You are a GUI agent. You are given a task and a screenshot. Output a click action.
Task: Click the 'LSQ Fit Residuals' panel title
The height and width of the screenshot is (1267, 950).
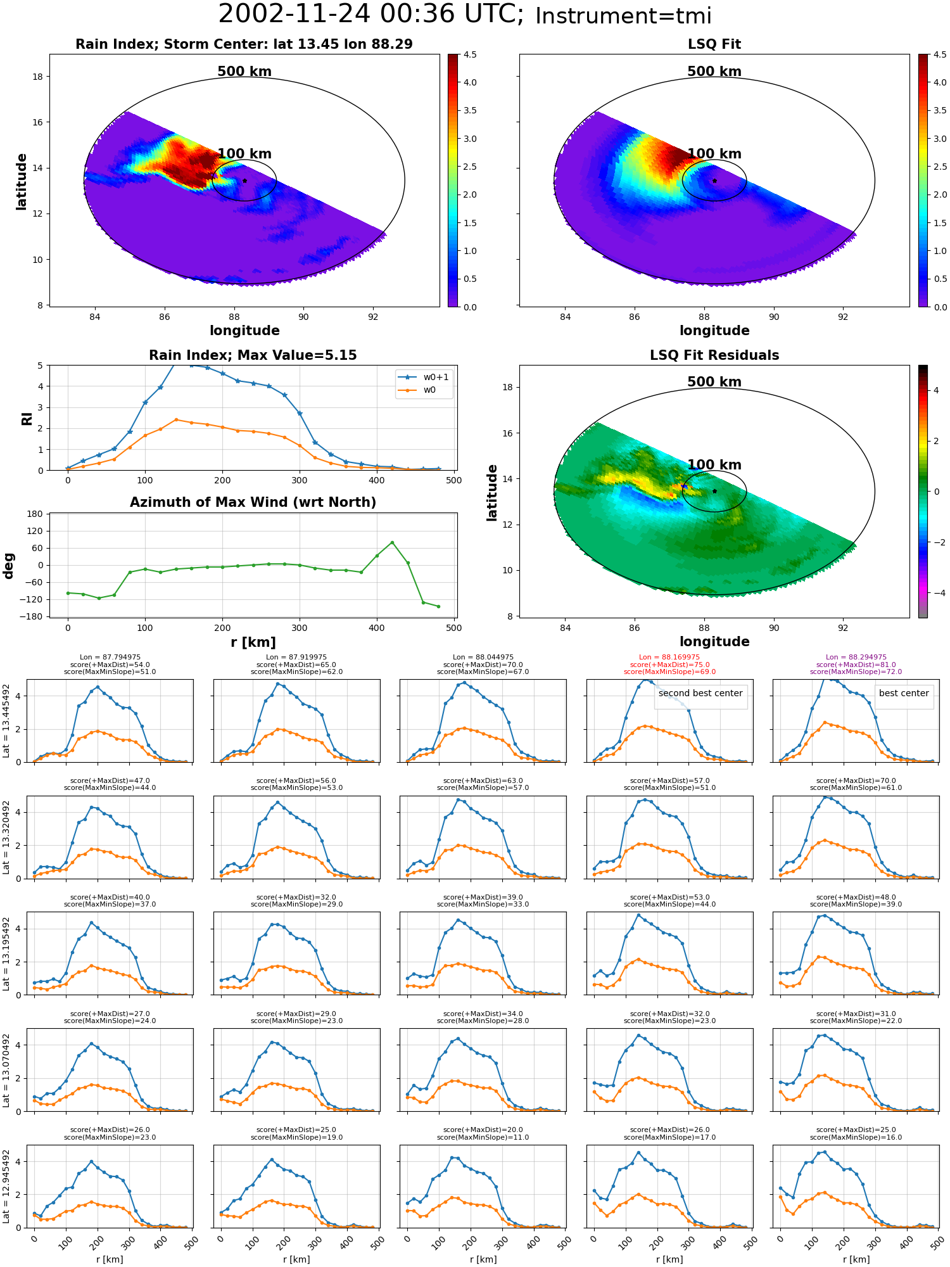(714, 355)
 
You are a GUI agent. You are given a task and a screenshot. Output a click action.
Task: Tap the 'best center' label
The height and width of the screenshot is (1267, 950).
(904, 693)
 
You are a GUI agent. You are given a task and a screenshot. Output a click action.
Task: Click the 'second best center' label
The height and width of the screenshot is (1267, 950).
(700, 693)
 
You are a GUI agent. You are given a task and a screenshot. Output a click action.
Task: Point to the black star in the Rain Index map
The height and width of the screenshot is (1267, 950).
(244, 181)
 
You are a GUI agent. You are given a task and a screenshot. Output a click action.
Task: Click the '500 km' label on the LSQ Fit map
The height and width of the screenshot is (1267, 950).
(714, 72)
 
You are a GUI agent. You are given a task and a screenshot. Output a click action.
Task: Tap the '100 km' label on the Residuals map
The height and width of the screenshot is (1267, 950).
(714, 465)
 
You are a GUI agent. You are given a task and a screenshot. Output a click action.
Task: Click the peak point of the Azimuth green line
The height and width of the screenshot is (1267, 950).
(392, 542)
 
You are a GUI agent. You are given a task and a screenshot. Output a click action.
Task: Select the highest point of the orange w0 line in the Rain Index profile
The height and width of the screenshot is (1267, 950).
(176, 419)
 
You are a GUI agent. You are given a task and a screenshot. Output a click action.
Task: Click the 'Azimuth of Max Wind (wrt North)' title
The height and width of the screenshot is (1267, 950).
(253, 502)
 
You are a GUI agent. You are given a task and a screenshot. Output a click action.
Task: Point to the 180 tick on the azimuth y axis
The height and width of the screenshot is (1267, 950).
(35, 514)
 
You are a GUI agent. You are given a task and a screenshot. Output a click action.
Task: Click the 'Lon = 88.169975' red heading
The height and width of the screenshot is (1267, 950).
(669, 657)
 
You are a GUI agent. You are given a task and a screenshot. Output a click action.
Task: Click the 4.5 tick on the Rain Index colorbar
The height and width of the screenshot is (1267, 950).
(470, 54)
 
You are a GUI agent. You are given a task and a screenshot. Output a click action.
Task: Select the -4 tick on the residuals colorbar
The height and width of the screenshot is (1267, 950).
(936, 593)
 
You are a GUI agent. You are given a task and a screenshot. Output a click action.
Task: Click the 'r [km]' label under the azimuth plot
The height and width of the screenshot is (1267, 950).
(253, 642)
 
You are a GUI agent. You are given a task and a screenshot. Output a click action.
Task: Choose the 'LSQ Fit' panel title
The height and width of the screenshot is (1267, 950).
(714, 44)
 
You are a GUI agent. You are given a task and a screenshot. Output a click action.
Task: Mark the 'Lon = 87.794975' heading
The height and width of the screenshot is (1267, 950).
(110, 657)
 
